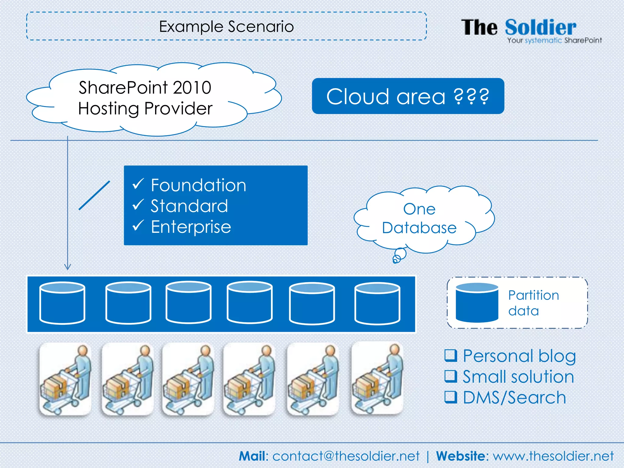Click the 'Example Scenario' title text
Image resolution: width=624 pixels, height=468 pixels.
(226, 27)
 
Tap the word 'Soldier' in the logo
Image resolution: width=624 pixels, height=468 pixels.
(541, 27)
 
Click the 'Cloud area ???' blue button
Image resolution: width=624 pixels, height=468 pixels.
(408, 96)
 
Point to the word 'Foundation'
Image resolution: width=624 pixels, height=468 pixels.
(198, 185)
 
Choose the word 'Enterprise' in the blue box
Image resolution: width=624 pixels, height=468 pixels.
(191, 227)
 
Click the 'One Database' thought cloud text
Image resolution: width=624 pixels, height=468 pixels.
(419, 218)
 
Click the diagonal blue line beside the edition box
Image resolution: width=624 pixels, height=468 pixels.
(94, 195)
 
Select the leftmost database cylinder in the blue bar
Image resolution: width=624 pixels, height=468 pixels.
(62, 303)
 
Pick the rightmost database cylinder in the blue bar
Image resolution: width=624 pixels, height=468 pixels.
(377, 303)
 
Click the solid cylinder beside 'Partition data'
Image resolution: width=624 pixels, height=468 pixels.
(477, 303)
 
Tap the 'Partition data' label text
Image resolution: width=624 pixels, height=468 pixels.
(533, 303)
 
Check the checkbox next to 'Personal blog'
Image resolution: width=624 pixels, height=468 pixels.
(451, 355)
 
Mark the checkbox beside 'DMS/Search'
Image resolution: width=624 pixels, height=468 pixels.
(451, 397)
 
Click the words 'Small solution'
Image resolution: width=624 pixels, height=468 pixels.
(518, 377)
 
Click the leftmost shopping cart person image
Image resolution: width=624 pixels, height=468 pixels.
(65, 379)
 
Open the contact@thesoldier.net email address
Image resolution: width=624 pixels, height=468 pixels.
(346, 456)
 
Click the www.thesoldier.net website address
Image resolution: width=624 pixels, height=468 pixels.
(553, 456)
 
